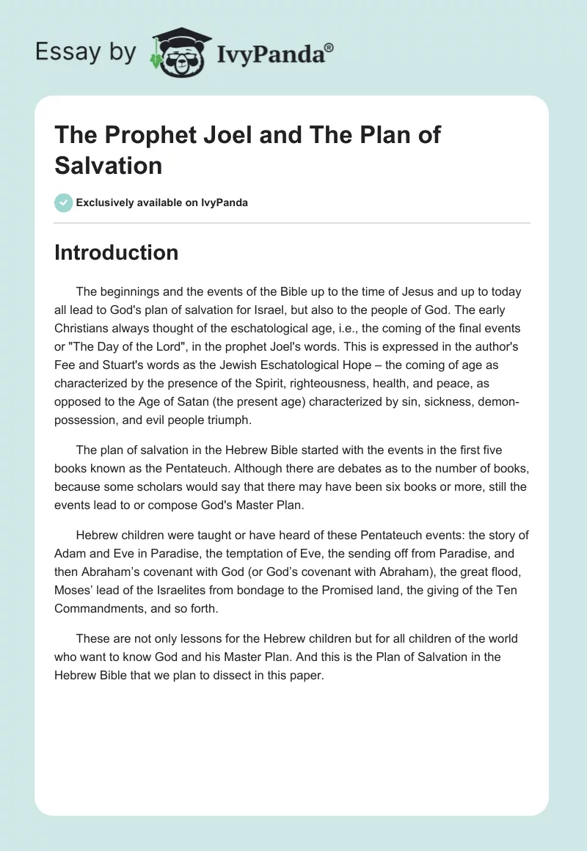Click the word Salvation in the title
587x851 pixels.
pyautogui.click(x=108, y=165)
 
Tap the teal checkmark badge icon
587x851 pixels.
pyautogui.click(x=64, y=202)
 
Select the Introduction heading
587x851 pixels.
pyautogui.click(x=116, y=252)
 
